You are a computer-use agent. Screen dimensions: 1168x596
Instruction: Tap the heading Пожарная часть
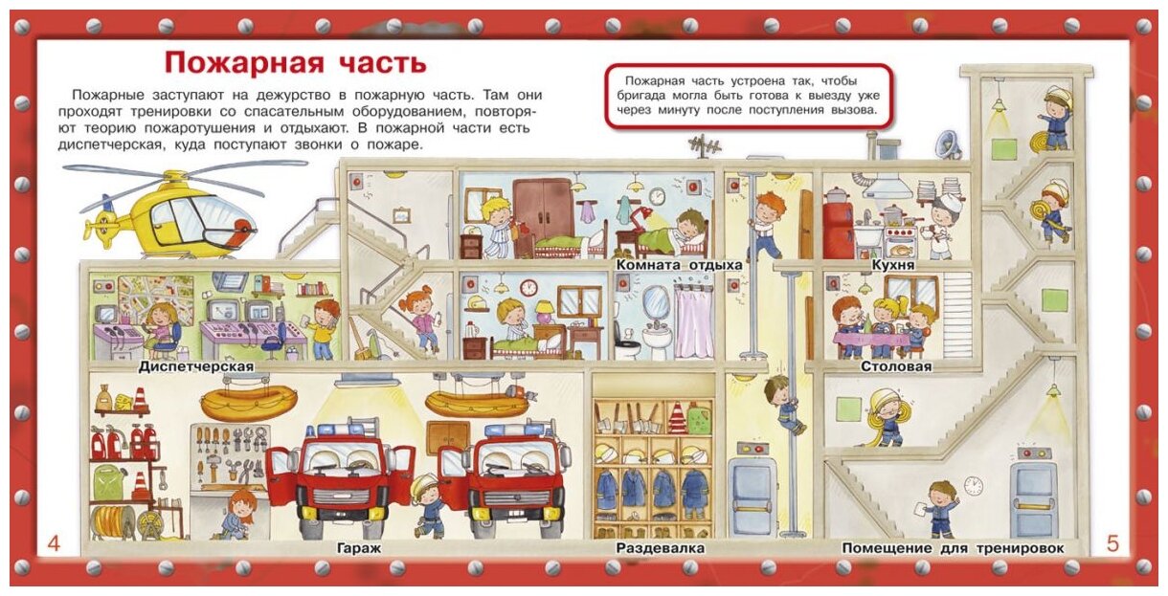[x=295, y=63]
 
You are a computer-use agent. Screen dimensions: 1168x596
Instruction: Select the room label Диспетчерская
[x=195, y=366]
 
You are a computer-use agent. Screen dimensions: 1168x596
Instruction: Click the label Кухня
[x=893, y=265]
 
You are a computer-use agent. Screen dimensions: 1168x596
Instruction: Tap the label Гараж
[x=359, y=548]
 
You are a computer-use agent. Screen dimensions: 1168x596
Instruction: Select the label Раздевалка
[x=661, y=548]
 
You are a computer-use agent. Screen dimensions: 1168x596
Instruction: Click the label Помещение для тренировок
[x=953, y=548]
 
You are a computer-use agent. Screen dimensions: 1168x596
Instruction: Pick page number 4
[x=54, y=544]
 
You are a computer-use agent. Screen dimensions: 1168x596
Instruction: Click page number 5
[x=1112, y=544]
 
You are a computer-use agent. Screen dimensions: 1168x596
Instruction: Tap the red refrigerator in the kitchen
[x=837, y=230]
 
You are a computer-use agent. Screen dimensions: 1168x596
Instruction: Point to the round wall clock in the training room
[x=974, y=486]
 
